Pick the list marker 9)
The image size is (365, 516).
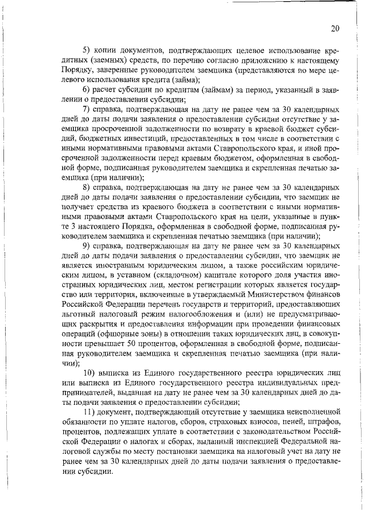pyautogui.click(x=86, y=246)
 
